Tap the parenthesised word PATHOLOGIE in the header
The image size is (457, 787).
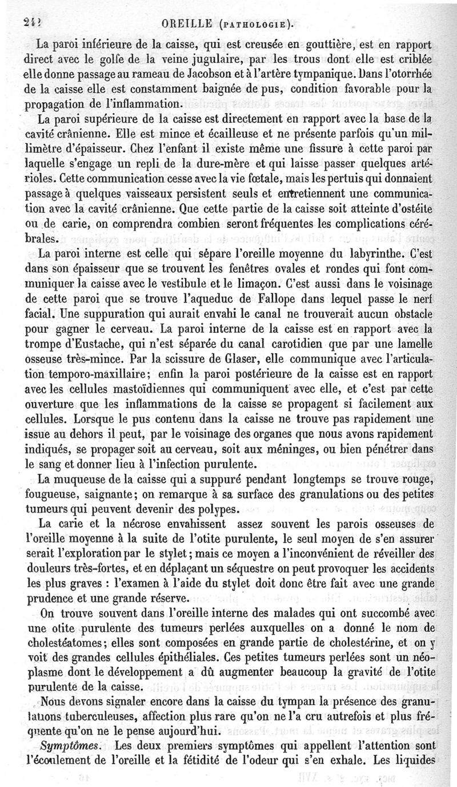[x=257, y=24]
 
